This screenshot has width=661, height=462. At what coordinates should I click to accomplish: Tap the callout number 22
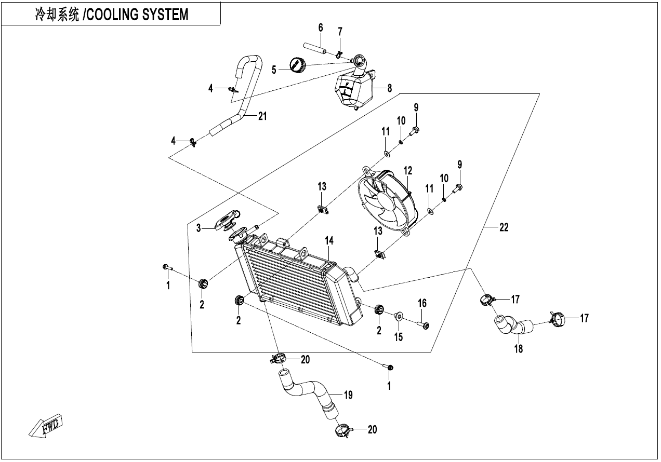click(504, 227)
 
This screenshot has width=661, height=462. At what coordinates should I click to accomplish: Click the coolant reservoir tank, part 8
click(356, 89)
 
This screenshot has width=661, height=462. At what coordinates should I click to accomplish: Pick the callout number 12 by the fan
click(408, 170)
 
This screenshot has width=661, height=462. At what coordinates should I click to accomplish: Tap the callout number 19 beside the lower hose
click(348, 395)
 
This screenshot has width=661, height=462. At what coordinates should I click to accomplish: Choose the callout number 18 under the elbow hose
click(519, 349)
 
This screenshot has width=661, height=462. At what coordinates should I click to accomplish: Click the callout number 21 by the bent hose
click(262, 116)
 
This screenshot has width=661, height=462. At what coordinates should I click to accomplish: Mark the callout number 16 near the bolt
click(422, 303)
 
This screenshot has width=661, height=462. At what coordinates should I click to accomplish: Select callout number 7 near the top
click(340, 32)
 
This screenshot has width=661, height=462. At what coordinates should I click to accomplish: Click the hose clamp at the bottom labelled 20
click(343, 430)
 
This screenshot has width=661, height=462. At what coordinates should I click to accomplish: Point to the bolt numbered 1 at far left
click(165, 267)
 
